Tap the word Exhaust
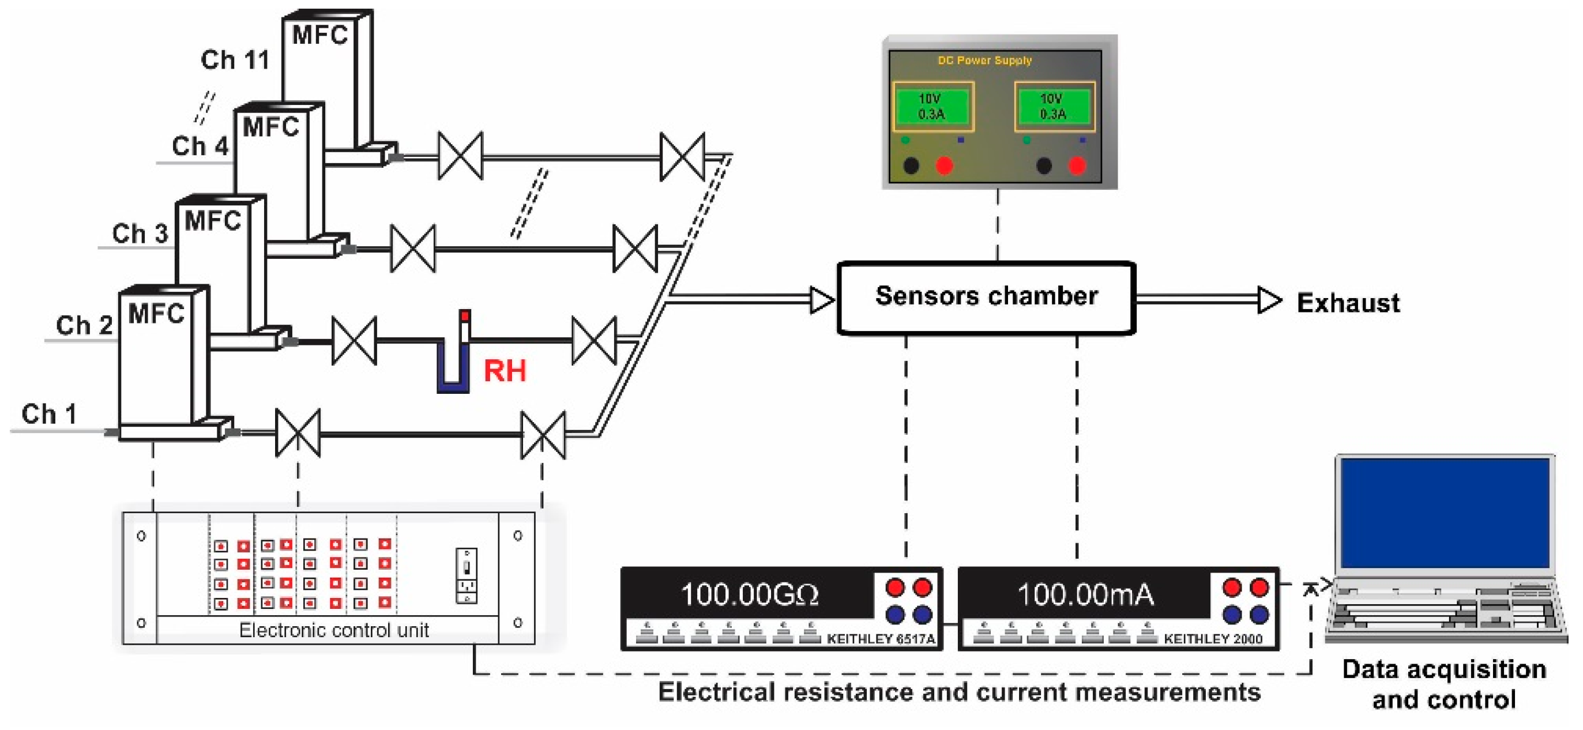1348,303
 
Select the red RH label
505,371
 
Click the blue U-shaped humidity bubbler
453,368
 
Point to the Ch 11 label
235,59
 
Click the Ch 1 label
49,413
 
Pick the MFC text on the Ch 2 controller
156,314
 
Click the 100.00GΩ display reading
749,594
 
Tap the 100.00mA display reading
1085,594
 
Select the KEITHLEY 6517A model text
881,639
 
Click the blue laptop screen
1445,513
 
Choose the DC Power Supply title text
984,60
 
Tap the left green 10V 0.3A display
931,106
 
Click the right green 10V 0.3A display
1052,106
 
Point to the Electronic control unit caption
334,630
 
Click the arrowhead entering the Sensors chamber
822,300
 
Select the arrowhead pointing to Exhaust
1268,300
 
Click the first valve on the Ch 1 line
298,432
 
